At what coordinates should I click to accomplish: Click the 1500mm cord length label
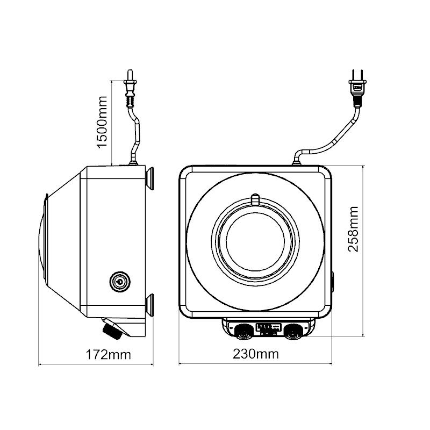point(101,122)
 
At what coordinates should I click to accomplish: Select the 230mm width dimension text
point(255,354)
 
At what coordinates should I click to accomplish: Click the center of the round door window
point(256,239)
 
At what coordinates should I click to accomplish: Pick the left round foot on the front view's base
point(242,330)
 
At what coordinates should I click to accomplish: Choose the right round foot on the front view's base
point(293,330)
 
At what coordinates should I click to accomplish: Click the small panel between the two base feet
point(268,327)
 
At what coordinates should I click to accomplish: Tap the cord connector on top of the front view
point(297,159)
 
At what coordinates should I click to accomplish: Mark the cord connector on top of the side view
point(133,159)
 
